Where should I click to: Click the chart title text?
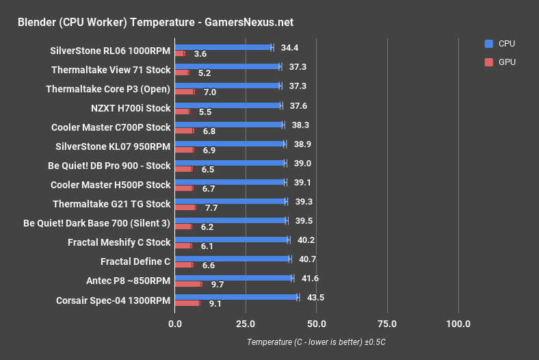coord(155,22)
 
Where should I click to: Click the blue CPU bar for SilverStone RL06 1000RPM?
coord(223,47)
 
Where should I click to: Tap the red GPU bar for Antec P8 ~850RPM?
coord(188,283)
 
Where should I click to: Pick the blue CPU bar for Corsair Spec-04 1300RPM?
coord(236,297)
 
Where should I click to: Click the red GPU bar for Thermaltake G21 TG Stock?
coord(185,207)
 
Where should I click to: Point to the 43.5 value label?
coord(317,297)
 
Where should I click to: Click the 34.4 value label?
coord(291,47)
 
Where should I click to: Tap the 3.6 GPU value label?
coord(200,53)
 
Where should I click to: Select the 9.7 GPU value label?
coord(218,283)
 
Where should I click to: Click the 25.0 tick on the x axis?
coord(246,324)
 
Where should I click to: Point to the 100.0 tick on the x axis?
coord(458,324)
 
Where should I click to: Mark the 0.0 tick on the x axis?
coord(176,324)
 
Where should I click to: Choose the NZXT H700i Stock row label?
coord(130,107)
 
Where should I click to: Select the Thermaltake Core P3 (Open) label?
coord(108,89)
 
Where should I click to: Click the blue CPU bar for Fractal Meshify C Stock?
coord(232,240)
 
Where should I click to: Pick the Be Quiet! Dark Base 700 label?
coord(96,222)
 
